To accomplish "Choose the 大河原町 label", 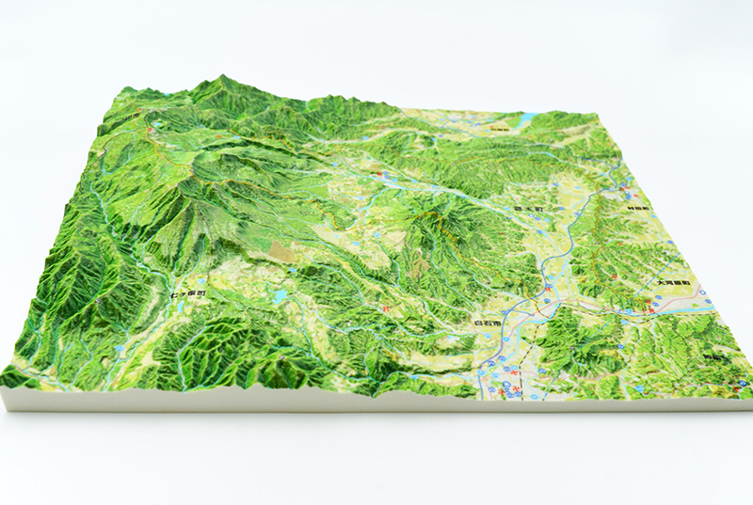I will click(x=674, y=282).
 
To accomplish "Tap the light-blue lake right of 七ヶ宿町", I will click(x=280, y=296).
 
